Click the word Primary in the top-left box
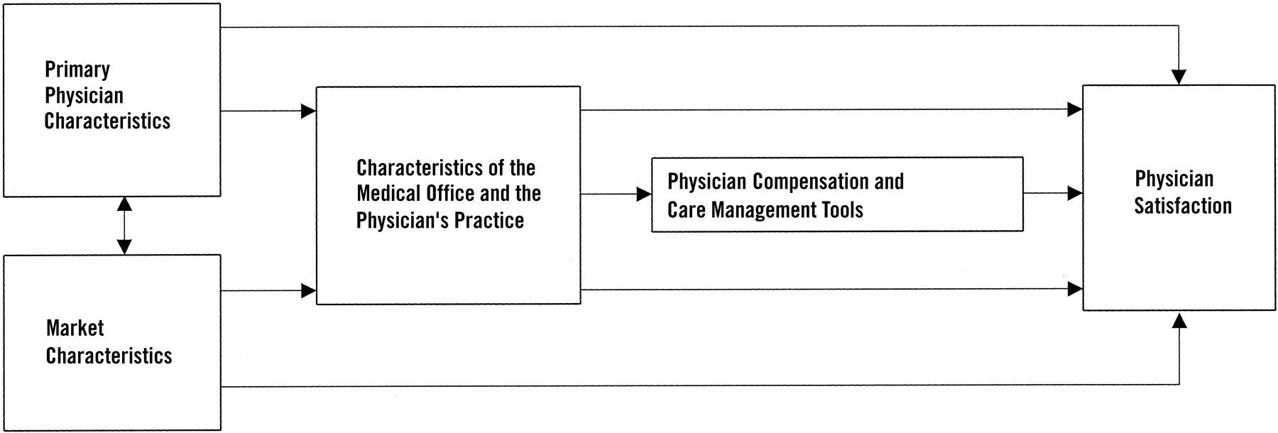pyautogui.click(x=77, y=70)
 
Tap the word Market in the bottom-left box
pyautogui.click(x=75, y=328)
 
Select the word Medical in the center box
pyautogui.click(x=388, y=193)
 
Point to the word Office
pyautogui.click(x=450, y=193)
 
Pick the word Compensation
pyautogui.click(x=811, y=182)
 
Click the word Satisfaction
pyautogui.click(x=1183, y=206)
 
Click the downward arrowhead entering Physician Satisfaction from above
pyautogui.click(x=1179, y=77)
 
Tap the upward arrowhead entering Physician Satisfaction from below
pyautogui.click(x=1179, y=319)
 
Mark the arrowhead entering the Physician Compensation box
pyautogui.click(x=644, y=194)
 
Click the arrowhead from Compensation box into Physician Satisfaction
pyautogui.click(x=1075, y=193)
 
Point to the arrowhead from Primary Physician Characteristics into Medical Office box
pyautogui.click(x=308, y=111)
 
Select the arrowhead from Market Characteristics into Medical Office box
pyautogui.click(x=308, y=290)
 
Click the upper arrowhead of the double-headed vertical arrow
pyautogui.click(x=124, y=204)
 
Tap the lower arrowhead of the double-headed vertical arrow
pyautogui.click(x=124, y=246)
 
